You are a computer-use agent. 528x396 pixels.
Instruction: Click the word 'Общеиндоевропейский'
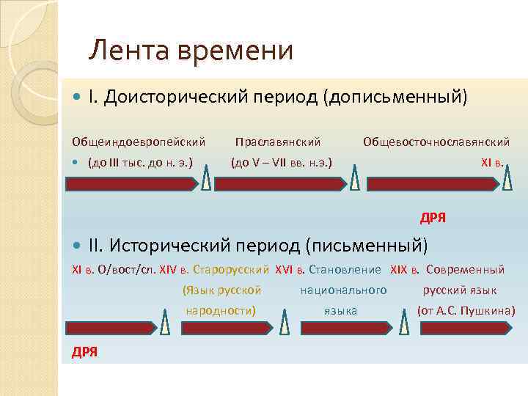[x=138, y=140]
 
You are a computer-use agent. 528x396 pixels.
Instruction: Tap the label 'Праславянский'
[x=278, y=140]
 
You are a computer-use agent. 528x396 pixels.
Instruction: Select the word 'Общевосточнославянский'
[x=436, y=140]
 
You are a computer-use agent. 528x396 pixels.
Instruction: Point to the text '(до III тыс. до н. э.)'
[x=140, y=162]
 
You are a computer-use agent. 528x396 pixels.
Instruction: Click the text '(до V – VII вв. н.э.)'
[x=282, y=162]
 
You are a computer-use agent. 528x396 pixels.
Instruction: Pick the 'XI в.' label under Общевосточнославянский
[x=492, y=162]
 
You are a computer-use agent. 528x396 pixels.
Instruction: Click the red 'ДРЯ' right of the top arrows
[x=433, y=218]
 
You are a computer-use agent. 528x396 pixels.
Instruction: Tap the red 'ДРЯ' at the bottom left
[x=84, y=351]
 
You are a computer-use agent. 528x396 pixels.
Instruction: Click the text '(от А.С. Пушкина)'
[x=466, y=311]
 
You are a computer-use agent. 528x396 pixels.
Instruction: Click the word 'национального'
[x=344, y=290]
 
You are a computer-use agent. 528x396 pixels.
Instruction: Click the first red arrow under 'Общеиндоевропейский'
[x=132, y=185]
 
